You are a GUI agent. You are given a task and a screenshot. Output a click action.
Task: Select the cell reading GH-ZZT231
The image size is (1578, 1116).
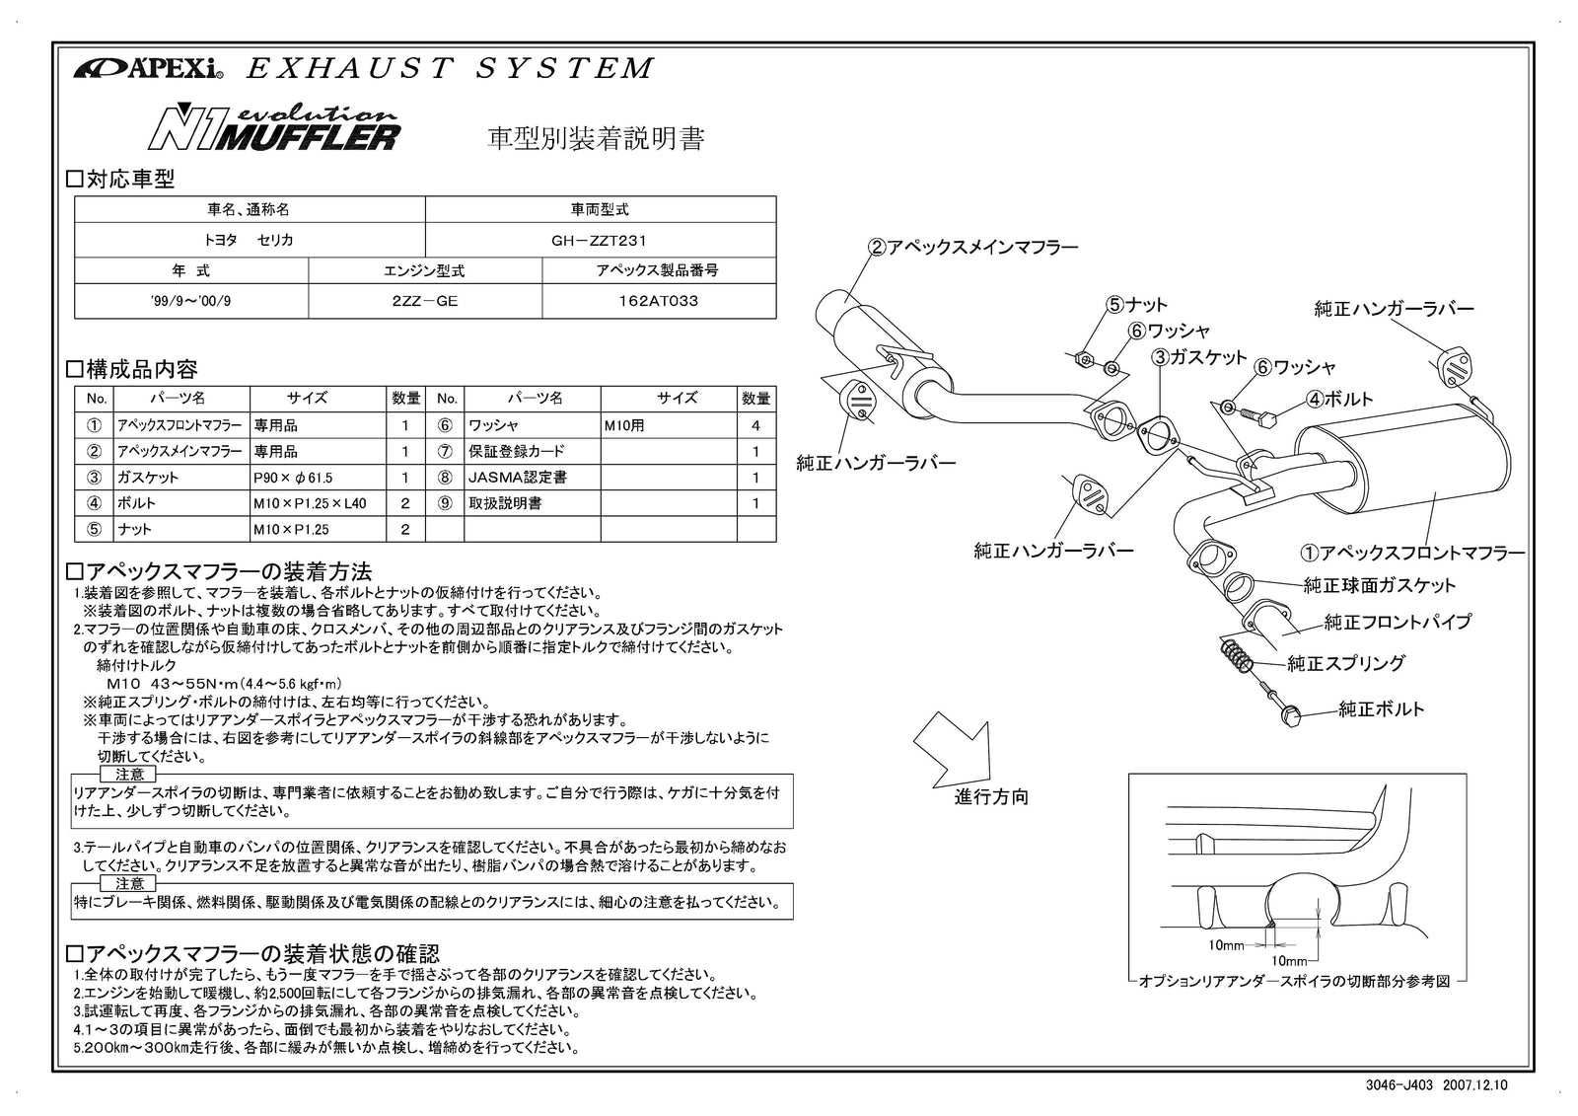pyautogui.click(x=600, y=240)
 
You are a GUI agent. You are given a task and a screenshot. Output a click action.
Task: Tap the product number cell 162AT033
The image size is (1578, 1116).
pyautogui.click(x=659, y=302)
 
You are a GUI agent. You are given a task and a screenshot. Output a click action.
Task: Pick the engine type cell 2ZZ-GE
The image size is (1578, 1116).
pyautogui.click(x=425, y=302)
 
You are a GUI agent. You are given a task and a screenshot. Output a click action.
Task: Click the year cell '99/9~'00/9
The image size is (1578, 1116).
pyautogui.click(x=191, y=302)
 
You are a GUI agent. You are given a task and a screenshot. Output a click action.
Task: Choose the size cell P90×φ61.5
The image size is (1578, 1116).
pyautogui.click(x=293, y=478)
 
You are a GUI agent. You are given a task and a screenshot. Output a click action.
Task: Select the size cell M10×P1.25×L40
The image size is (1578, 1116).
pyautogui.click(x=309, y=503)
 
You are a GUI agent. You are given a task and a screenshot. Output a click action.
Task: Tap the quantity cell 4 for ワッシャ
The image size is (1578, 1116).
pyautogui.click(x=755, y=426)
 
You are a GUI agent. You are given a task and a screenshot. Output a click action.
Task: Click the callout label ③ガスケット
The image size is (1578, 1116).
pyautogui.click(x=1200, y=357)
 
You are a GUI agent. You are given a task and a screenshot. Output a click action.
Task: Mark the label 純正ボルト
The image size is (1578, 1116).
pyautogui.click(x=1381, y=709)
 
